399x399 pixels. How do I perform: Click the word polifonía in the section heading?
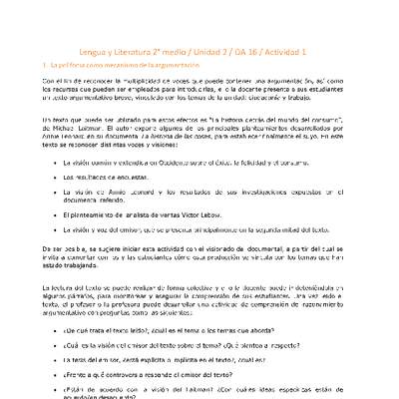pyautogui.click(x=84, y=62)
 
